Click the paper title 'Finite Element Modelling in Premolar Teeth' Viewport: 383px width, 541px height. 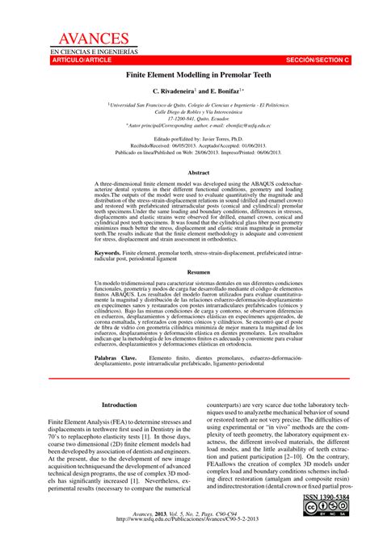click(x=192, y=73)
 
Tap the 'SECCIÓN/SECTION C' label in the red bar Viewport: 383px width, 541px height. click(x=323, y=61)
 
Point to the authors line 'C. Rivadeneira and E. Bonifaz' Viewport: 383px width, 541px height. click(x=192, y=91)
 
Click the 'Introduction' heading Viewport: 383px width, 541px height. click(x=119, y=405)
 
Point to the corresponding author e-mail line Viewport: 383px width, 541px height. click(x=192, y=126)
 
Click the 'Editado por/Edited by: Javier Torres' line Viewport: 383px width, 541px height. click(x=192, y=138)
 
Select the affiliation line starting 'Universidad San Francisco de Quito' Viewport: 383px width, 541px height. click(x=192, y=104)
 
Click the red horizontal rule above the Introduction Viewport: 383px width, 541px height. click(x=192, y=378)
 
